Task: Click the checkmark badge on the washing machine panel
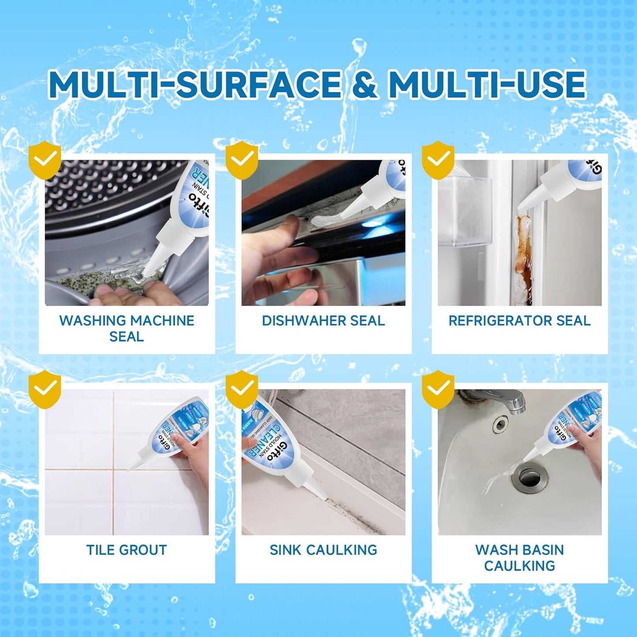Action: pos(45,160)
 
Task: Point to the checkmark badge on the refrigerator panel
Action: pos(438,160)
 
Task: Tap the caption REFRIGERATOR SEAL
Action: pos(519,320)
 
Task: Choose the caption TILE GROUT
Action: pos(127,550)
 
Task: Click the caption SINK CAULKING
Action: pos(323,550)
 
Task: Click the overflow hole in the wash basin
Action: pos(499,425)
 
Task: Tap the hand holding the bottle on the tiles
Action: pos(194,458)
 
